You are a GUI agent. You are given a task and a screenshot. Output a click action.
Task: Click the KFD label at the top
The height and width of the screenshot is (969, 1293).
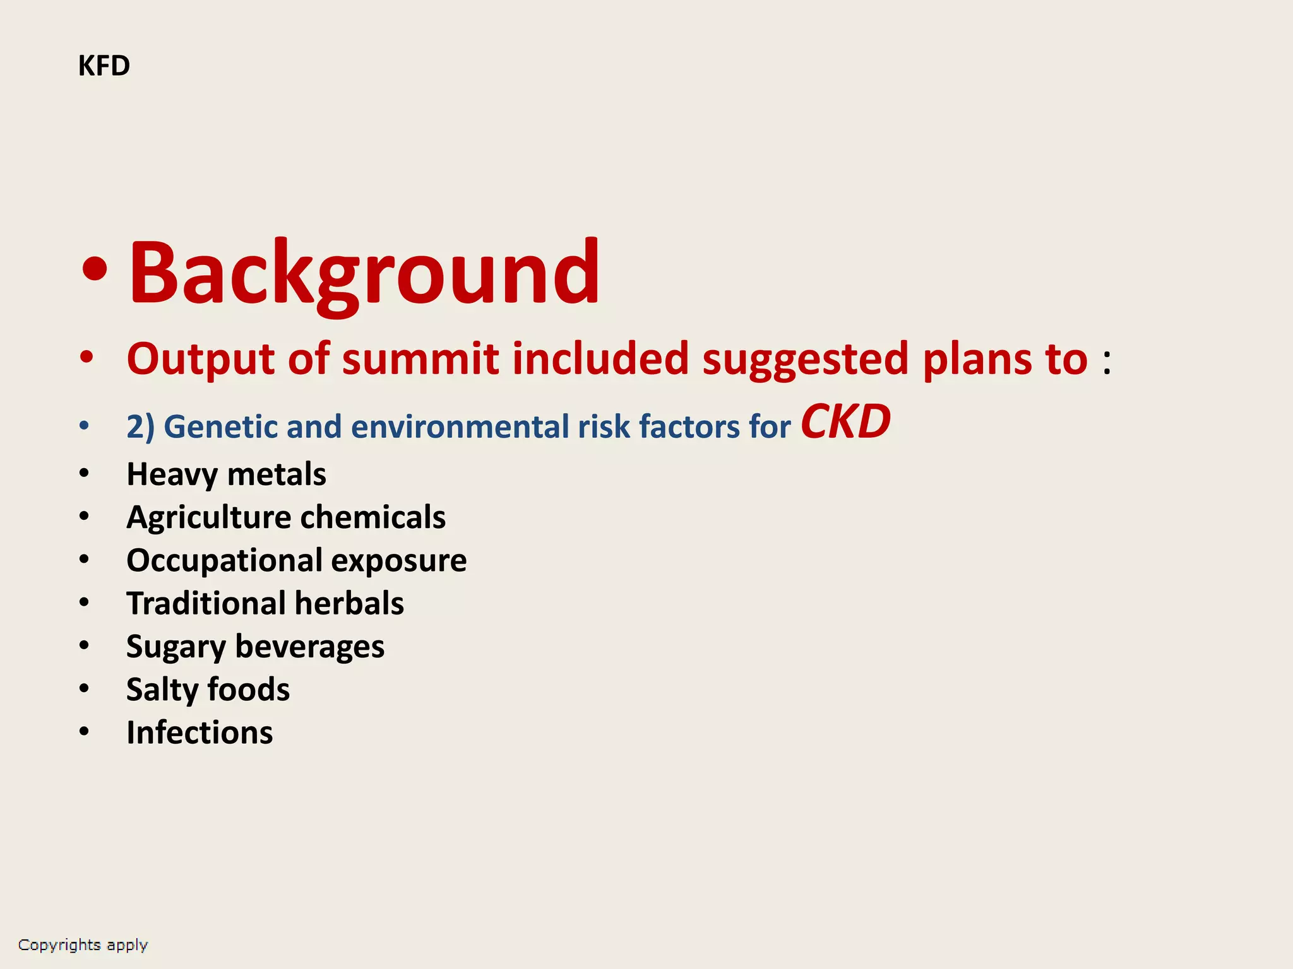click(104, 66)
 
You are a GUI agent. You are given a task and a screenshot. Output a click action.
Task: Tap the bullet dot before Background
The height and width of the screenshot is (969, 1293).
click(95, 270)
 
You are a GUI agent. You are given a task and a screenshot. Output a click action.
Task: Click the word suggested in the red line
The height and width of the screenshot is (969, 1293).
click(805, 360)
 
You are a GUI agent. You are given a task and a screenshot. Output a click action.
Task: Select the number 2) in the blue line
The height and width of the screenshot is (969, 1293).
click(140, 427)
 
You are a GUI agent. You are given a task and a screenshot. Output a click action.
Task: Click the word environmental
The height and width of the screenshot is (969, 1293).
click(460, 427)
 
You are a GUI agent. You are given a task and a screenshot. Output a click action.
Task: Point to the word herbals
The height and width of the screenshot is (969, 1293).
click(349, 603)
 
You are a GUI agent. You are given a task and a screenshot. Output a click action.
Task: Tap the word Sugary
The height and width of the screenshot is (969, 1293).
click(176, 647)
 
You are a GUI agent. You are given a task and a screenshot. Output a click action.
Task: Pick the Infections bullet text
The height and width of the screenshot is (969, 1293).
click(200, 732)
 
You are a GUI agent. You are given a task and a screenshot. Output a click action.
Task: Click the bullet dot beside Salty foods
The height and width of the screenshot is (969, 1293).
click(85, 688)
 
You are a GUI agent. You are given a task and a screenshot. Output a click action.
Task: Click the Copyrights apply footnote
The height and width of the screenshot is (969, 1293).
click(83, 945)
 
